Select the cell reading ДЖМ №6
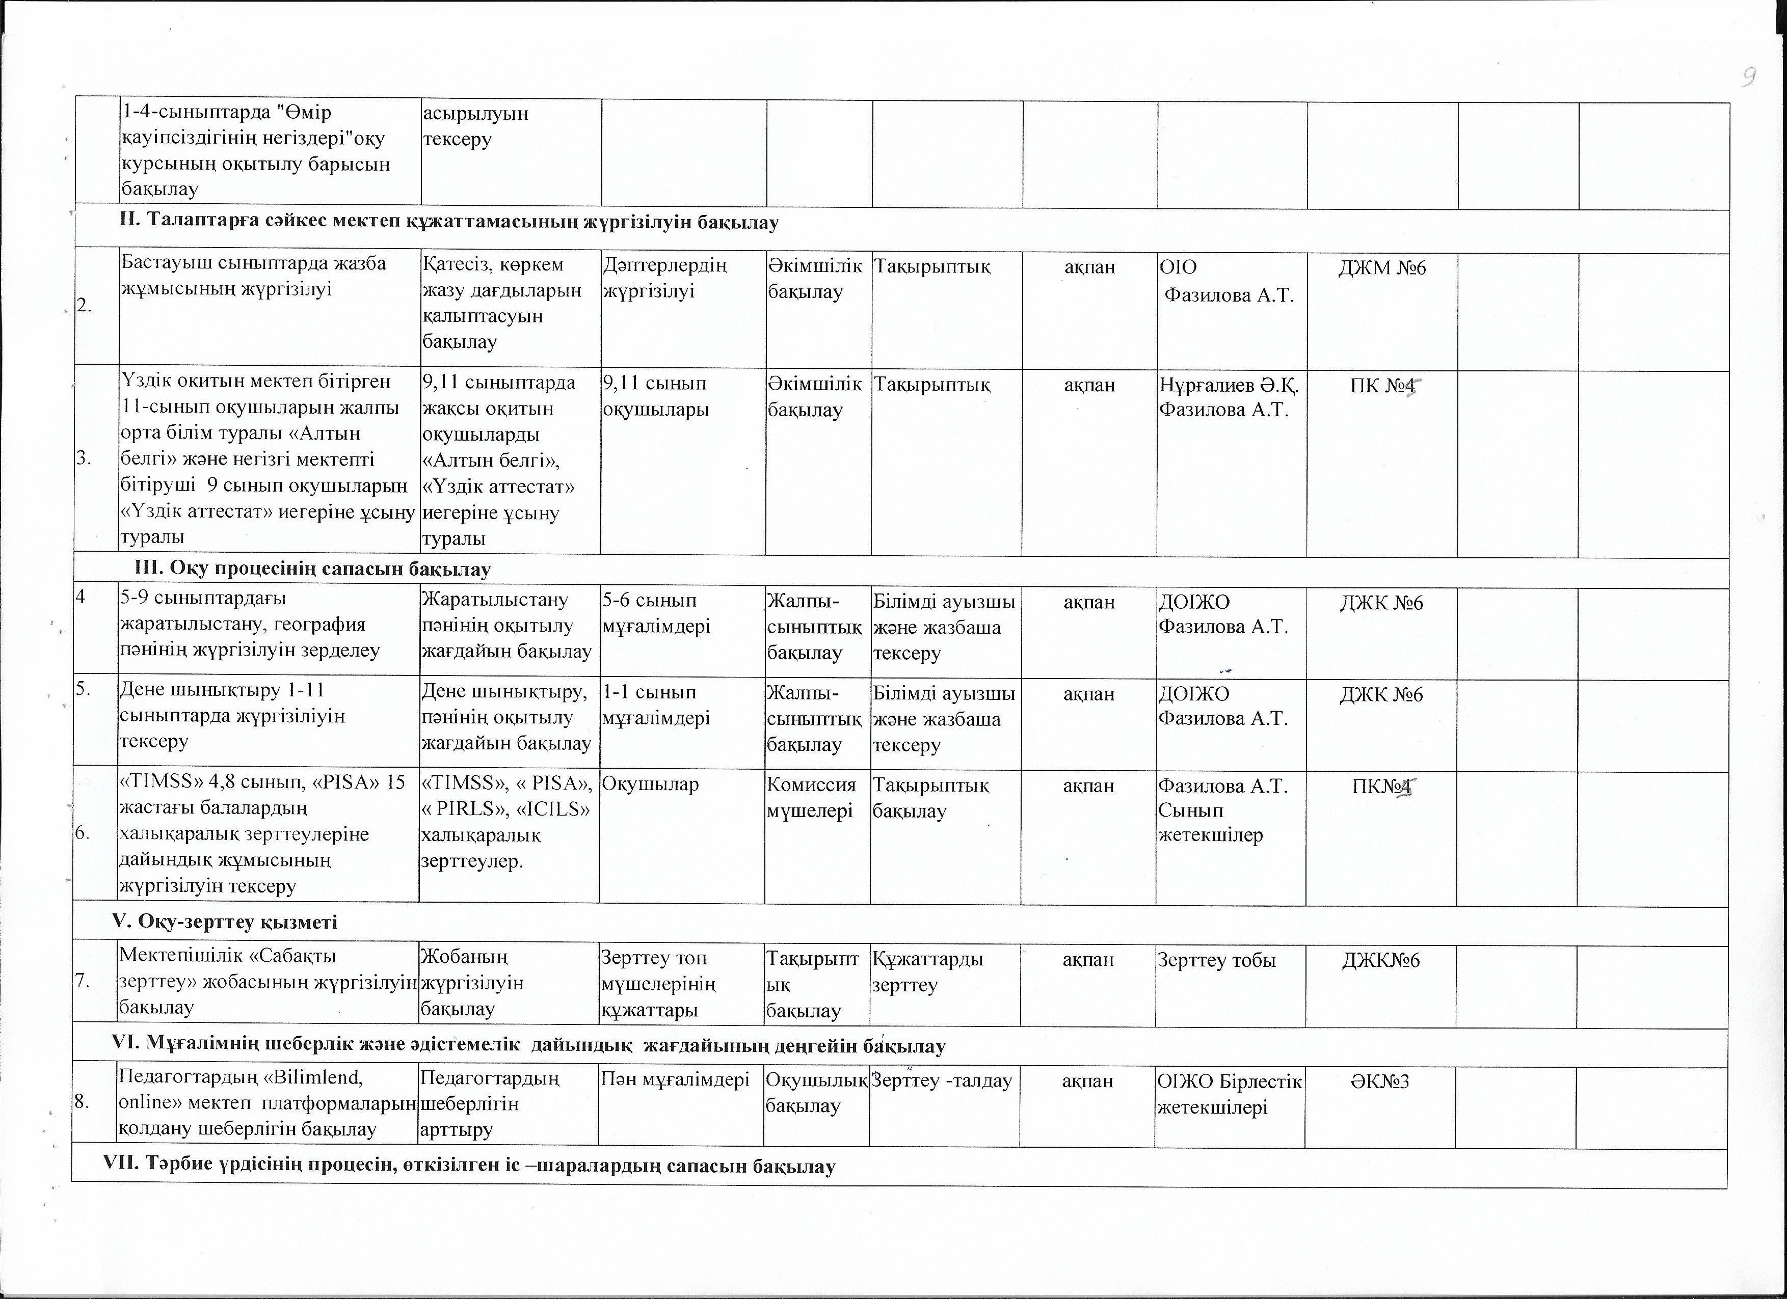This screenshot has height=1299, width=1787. [x=1382, y=268]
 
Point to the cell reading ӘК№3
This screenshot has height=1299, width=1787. [x=1380, y=1081]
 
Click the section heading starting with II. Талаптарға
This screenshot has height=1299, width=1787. [x=448, y=223]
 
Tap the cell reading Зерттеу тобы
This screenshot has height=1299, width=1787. [x=1216, y=960]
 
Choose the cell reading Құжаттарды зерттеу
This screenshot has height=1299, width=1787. [x=927, y=972]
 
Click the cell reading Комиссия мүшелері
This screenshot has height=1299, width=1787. [x=811, y=798]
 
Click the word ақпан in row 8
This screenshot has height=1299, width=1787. [x=1087, y=1081]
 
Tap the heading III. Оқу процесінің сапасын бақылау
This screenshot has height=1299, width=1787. [x=313, y=569]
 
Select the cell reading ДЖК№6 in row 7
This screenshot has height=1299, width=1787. [x=1380, y=960]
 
